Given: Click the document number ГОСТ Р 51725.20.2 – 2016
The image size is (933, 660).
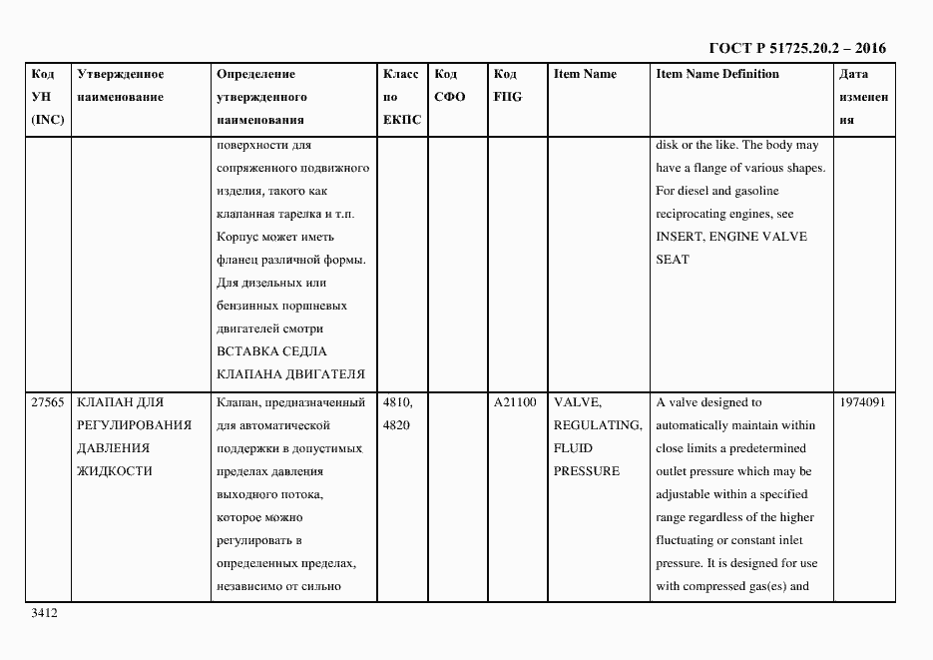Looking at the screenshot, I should [796, 48].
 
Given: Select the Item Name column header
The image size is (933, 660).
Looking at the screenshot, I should [585, 74].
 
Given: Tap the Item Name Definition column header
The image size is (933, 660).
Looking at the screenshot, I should [717, 74].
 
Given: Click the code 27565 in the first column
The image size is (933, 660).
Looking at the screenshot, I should [48, 402].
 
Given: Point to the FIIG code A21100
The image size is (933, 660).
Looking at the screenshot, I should [515, 402].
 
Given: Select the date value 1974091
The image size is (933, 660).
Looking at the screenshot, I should [863, 402].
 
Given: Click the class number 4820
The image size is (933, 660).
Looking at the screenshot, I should [397, 425].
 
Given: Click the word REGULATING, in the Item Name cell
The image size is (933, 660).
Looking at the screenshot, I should [597, 425].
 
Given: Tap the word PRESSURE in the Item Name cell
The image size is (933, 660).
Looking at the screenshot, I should [587, 471].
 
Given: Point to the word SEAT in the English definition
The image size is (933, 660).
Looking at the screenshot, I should [673, 260].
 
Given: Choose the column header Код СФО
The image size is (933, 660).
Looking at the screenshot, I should [450, 86].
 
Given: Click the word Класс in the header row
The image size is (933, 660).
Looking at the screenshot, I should [401, 74].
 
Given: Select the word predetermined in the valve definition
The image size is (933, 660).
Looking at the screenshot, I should [768, 448].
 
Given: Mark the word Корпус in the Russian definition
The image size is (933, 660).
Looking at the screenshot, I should [239, 237].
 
